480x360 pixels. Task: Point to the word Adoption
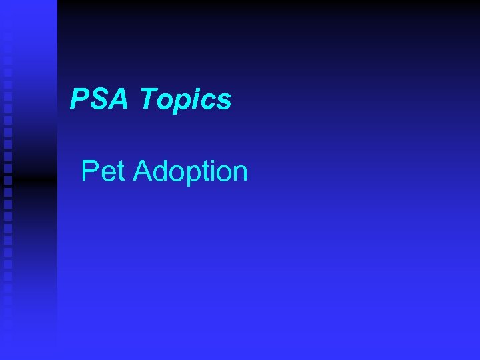[x=190, y=172]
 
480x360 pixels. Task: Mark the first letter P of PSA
[x=81, y=100]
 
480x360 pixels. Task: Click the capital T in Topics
[x=149, y=100]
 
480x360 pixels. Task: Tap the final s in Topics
[x=225, y=103]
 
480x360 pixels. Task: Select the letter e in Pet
[x=107, y=173]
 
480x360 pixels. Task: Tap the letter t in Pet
[x=121, y=172]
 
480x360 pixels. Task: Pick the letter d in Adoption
[x=163, y=172]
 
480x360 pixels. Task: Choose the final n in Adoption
[x=240, y=173]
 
